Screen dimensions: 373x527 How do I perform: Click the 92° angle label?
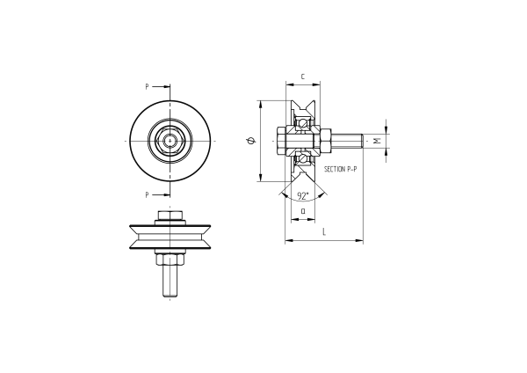click(x=302, y=195)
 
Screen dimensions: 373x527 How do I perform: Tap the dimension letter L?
click(x=324, y=231)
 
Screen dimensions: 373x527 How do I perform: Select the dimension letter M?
click(x=378, y=141)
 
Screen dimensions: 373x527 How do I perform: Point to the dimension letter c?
click(x=302, y=77)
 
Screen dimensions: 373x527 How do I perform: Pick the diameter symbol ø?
click(x=251, y=141)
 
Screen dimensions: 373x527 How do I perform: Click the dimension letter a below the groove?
click(x=302, y=210)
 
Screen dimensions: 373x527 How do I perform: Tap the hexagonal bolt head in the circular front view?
click(x=170, y=140)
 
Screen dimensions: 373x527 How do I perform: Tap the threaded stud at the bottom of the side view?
click(x=170, y=282)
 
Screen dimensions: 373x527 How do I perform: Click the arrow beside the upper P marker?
click(x=163, y=86)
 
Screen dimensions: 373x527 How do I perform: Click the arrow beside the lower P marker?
click(x=163, y=194)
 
